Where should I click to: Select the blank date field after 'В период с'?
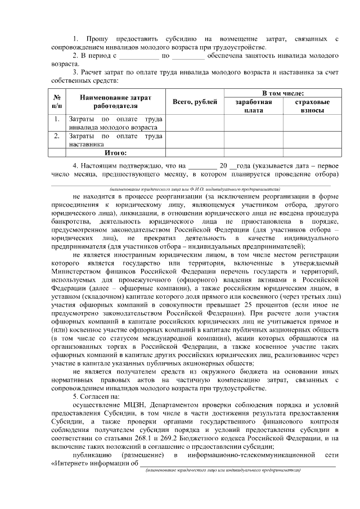pos(139,57)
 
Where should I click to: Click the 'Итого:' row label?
pos(115,152)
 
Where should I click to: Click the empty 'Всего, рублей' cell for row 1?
pos(194,123)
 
